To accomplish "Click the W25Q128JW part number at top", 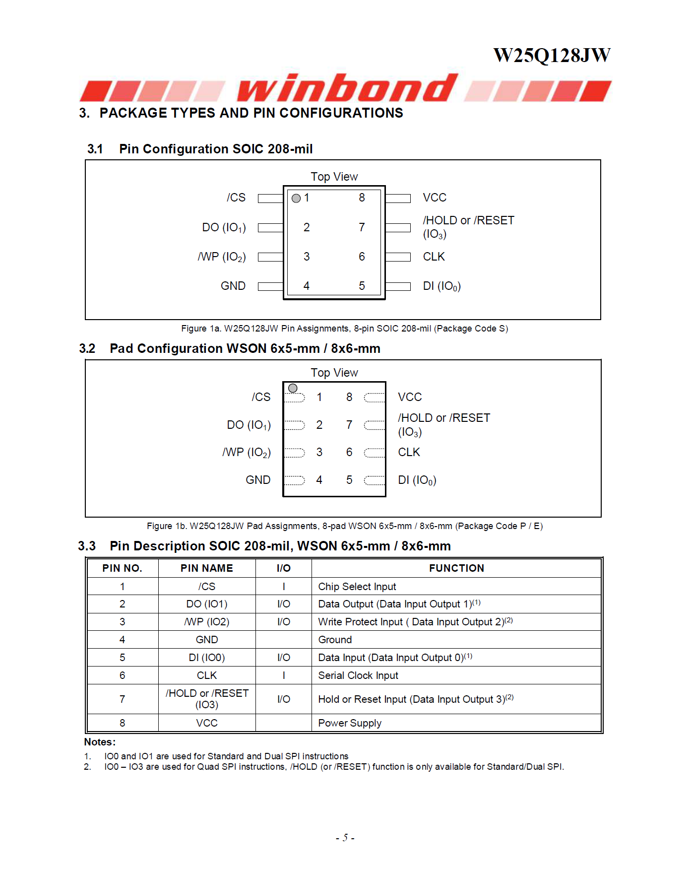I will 552,55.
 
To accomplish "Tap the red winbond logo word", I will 347,88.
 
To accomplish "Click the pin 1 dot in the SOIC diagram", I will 296,199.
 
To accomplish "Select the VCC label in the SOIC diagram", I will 435,198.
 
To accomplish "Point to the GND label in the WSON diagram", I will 258,480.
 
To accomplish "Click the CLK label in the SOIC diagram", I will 434,257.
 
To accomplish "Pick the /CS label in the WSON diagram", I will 261,397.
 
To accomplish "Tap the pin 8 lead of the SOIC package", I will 398,199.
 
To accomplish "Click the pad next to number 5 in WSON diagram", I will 374,480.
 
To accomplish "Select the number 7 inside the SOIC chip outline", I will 362,227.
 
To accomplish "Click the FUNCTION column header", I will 456,568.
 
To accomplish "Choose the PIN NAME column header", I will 206,568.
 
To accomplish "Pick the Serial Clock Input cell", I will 358,675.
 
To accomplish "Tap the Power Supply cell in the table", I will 350,723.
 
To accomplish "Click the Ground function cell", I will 335,640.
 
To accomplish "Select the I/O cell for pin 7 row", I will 284,699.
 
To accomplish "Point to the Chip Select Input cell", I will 357,587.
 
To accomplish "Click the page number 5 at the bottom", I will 345,838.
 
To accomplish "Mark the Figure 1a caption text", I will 344,329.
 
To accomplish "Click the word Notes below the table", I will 99,742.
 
